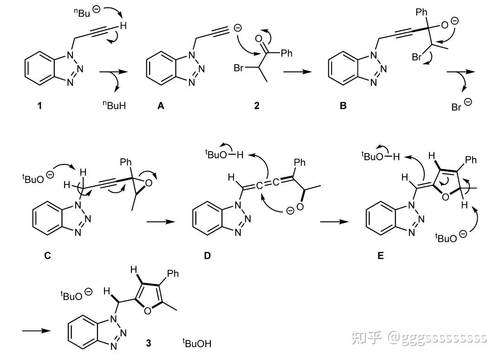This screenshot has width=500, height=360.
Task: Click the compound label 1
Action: [x=39, y=105]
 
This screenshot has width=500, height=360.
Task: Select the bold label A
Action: [x=161, y=105]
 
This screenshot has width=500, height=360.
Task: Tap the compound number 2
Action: [x=257, y=105]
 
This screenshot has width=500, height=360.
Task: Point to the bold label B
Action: [x=343, y=105]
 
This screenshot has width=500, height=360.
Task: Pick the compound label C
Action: [x=47, y=255]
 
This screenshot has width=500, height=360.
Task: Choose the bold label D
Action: [x=207, y=255]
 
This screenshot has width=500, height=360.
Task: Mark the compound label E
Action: [x=380, y=255]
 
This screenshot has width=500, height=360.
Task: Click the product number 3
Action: [x=149, y=343]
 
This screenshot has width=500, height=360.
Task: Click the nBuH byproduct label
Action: [x=114, y=105]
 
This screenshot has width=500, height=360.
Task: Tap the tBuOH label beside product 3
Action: [x=197, y=343]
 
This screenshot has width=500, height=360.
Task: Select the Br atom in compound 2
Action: [x=239, y=68]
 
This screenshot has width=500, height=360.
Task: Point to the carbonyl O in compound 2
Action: [x=259, y=39]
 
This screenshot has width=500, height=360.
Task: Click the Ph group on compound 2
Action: [x=286, y=53]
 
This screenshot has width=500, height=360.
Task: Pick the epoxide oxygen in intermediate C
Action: [x=148, y=183]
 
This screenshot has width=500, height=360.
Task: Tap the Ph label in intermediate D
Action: [x=300, y=163]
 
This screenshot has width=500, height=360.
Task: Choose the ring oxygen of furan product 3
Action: [x=147, y=310]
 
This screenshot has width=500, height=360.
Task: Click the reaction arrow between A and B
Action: [x=298, y=72]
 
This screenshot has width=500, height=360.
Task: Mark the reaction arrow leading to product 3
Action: [x=36, y=331]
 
